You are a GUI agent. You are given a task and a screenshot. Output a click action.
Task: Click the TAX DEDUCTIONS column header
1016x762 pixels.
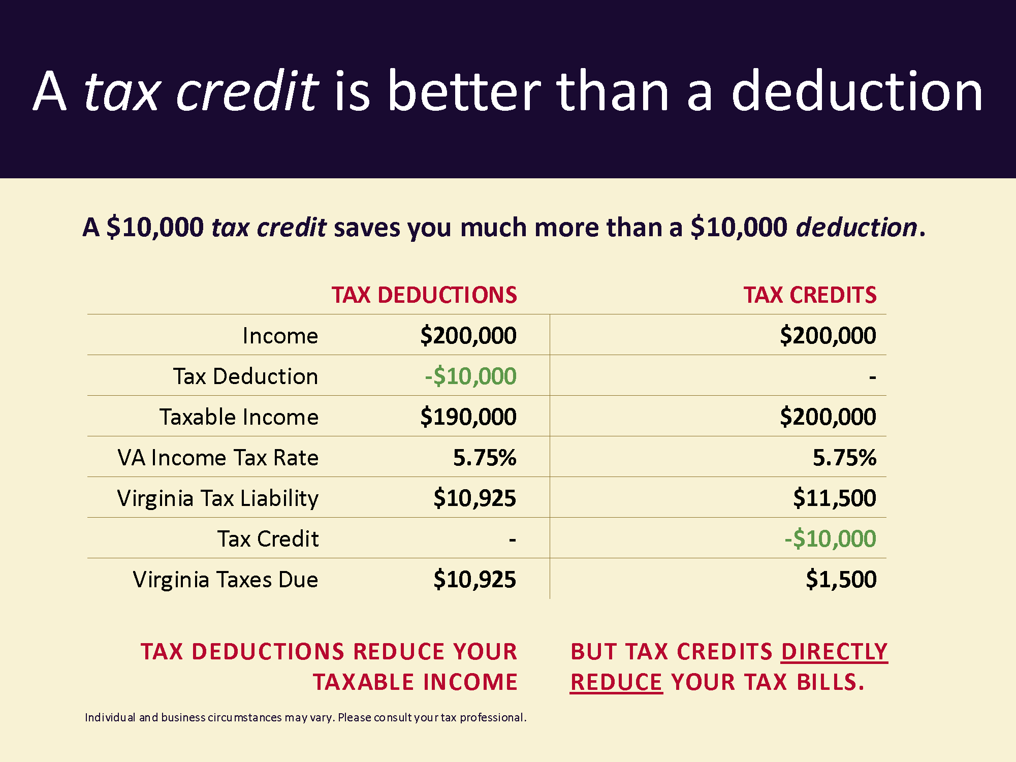[424, 295]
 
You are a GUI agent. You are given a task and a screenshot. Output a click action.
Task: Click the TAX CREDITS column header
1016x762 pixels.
[810, 295]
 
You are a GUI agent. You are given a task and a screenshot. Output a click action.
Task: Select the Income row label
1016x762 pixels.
[280, 336]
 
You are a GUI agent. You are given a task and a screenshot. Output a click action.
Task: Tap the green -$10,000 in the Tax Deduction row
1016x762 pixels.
[470, 376]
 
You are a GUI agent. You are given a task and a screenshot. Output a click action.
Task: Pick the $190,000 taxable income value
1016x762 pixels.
[468, 417]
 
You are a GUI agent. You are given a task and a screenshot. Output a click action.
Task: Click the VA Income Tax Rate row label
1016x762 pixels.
[218, 458]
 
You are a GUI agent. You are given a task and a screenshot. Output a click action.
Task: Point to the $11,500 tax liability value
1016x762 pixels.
[835, 498]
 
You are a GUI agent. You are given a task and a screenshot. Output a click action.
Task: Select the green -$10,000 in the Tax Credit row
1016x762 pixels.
[830, 539]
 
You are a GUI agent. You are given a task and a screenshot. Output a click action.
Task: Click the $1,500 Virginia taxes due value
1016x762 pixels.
[841, 580]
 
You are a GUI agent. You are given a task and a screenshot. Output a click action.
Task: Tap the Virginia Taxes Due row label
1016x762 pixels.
[226, 580]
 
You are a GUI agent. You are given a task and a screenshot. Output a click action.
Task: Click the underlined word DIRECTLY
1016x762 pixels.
[834, 652]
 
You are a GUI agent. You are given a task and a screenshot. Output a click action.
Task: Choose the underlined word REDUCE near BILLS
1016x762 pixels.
[616, 682]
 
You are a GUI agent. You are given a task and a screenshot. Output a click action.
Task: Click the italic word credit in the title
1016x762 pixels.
[247, 91]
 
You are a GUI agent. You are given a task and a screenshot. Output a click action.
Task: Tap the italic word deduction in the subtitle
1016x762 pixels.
[856, 227]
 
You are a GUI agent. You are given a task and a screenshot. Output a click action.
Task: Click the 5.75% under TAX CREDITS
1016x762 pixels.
[845, 458]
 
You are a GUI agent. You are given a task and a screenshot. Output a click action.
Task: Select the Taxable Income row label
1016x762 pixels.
[239, 417]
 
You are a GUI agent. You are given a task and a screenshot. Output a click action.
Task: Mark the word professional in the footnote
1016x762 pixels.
[491, 718]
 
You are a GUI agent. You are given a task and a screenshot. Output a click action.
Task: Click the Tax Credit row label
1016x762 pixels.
[268, 539]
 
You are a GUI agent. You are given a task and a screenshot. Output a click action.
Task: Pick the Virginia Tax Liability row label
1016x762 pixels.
[218, 498]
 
